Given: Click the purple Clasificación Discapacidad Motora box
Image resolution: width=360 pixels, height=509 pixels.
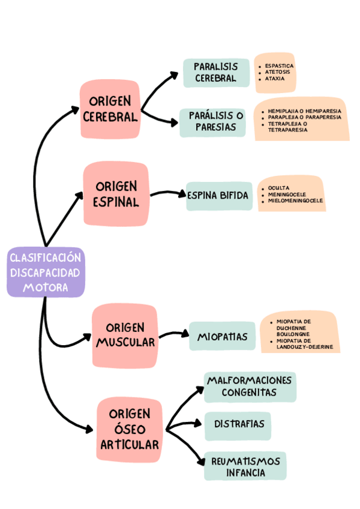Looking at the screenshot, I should point(45,273).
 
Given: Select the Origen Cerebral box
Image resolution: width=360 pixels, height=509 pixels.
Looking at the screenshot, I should point(110,109).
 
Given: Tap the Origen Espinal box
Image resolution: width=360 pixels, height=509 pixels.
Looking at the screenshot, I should point(116,194).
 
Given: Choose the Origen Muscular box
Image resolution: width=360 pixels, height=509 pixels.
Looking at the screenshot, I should point(125,335).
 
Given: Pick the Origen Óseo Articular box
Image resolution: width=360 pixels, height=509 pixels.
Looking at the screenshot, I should point(130,429).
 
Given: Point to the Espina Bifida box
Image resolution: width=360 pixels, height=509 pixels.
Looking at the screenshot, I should point(218,196).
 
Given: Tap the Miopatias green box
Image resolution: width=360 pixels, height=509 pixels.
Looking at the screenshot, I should point(222,337).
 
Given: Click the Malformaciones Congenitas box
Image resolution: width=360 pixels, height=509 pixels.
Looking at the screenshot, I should point(250,386).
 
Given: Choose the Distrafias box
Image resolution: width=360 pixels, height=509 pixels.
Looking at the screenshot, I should point(238,424).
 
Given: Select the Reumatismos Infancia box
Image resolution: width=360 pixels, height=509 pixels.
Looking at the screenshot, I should point(245,466).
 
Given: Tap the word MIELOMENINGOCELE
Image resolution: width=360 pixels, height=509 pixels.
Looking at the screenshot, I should point(296,200).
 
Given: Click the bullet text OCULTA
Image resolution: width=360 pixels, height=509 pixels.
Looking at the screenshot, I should point(279,188).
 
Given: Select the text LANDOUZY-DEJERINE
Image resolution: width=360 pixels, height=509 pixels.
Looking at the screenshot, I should point(304,347).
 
